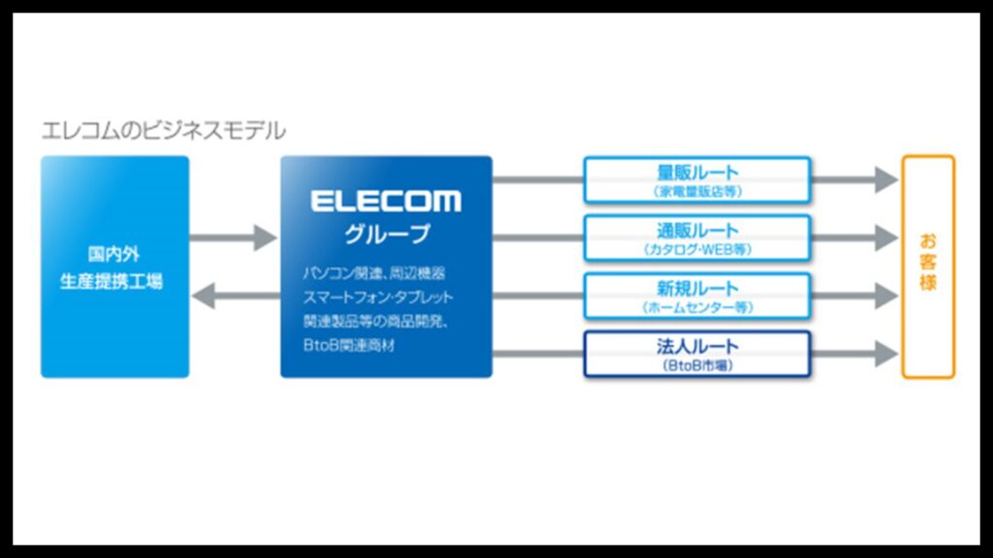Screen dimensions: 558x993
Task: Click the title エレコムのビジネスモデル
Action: [x=163, y=130]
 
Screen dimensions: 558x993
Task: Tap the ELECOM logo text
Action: [x=386, y=201]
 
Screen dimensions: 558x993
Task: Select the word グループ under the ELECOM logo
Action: [x=386, y=234]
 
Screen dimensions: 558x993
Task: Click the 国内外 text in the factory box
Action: [x=114, y=256]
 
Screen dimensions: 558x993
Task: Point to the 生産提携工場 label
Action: [x=114, y=282]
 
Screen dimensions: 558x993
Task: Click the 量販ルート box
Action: [x=697, y=180]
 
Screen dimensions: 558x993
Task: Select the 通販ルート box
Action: [x=697, y=238]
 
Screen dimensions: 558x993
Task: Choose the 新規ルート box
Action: [x=697, y=295]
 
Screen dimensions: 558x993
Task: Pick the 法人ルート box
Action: [x=697, y=354]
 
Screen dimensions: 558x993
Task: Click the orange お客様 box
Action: [x=928, y=266]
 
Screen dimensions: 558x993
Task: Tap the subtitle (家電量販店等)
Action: [x=697, y=192]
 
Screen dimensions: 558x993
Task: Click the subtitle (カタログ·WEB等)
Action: [x=697, y=250]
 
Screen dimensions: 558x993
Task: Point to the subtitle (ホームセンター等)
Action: [x=697, y=307]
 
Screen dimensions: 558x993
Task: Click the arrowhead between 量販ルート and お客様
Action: [x=884, y=179]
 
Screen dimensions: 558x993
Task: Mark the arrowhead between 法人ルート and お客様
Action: [x=884, y=354]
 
